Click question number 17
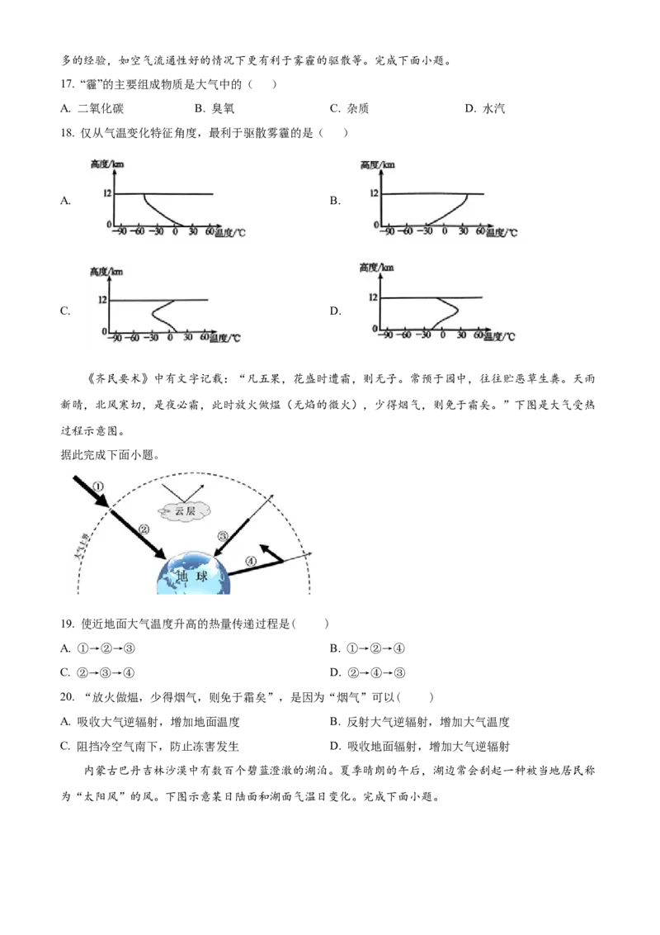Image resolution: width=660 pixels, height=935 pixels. (67, 84)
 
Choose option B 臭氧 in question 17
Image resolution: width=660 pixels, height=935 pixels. (214, 108)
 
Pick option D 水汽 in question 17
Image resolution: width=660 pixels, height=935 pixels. (485, 108)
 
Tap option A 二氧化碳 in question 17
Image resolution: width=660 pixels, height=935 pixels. (92, 108)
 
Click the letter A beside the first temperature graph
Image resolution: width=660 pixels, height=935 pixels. (65, 201)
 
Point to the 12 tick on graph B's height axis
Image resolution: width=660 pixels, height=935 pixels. (374, 193)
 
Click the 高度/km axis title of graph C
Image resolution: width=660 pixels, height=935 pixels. (106, 272)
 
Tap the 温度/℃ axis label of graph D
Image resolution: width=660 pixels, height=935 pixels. (499, 337)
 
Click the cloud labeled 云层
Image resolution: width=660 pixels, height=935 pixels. (185, 510)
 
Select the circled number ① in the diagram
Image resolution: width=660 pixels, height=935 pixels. (99, 486)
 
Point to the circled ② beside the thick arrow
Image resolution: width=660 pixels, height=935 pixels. (144, 529)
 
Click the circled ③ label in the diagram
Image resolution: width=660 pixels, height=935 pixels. (222, 535)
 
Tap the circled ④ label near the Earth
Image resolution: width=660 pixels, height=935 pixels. (251, 561)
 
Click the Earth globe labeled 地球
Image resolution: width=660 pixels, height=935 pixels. (193, 573)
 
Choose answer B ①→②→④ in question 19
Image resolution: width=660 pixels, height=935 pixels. (367, 648)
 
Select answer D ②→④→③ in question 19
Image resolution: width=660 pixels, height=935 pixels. (367, 673)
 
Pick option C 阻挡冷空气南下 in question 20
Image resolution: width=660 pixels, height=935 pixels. (149, 747)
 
